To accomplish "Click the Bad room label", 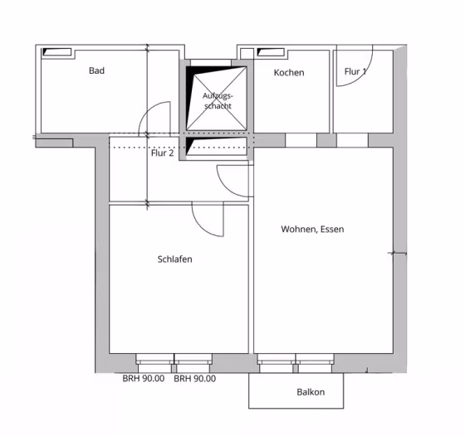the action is (96, 70).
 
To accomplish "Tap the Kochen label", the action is (289, 72).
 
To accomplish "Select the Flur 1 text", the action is (355, 71).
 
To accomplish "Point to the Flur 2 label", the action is (162, 153).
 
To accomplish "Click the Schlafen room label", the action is (174, 259).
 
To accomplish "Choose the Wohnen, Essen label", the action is (312, 229).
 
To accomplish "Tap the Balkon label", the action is (311, 392).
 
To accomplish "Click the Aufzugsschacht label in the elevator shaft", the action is (218, 100).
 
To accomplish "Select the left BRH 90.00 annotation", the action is (144, 379).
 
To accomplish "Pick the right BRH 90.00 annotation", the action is (195, 379).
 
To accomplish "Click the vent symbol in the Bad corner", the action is (56, 51).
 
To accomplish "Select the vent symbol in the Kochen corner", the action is (271, 52).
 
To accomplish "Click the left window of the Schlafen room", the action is (154, 363).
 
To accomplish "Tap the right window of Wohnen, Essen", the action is (315, 363).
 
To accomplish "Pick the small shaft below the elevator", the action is (217, 146).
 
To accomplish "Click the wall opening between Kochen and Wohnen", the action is (301, 140).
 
